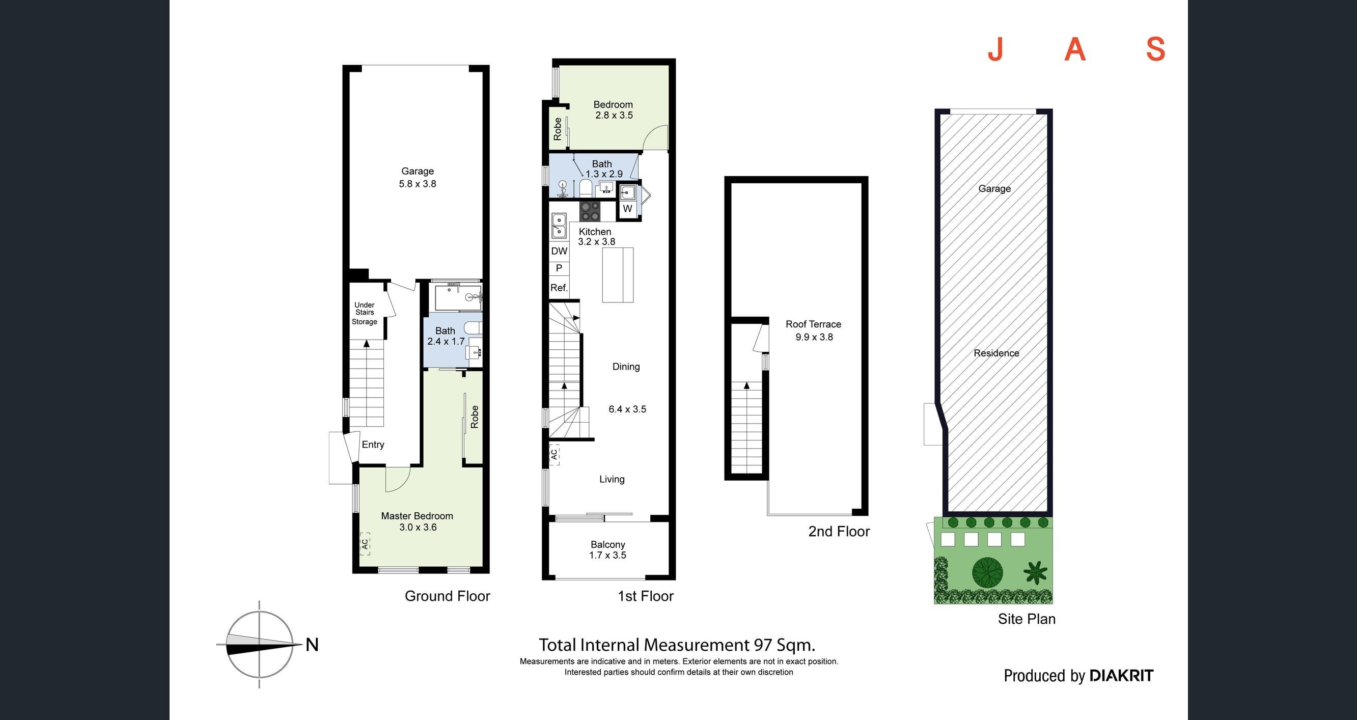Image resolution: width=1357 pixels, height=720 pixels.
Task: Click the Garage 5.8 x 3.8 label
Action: (x=417, y=178)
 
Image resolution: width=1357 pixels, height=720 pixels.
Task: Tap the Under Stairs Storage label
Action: (x=365, y=313)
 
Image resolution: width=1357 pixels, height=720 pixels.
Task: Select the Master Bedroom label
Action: (x=417, y=521)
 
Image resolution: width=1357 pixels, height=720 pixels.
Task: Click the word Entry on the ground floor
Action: (x=373, y=445)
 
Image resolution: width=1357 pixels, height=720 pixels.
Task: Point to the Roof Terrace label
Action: (x=813, y=330)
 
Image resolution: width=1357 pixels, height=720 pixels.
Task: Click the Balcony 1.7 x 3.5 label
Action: (x=608, y=549)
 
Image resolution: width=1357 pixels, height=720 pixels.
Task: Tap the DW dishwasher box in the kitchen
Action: (x=559, y=251)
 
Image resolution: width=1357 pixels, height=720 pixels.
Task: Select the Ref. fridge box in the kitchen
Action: (x=559, y=288)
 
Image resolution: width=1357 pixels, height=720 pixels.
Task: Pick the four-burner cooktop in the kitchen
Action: (x=590, y=211)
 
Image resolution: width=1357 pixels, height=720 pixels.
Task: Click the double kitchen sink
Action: (x=559, y=226)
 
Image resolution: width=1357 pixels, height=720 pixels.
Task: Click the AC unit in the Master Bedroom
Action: (x=365, y=543)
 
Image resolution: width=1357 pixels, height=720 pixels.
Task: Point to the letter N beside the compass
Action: (x=312, y=645)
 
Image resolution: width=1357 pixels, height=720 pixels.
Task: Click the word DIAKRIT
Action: (x=1121, y=676)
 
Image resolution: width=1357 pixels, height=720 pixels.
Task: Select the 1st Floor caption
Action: (x=645, y=596)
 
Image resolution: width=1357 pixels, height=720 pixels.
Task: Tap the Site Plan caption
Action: (x=1027, y=619)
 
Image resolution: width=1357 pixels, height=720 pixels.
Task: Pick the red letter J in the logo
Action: (x=994, y=49)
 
